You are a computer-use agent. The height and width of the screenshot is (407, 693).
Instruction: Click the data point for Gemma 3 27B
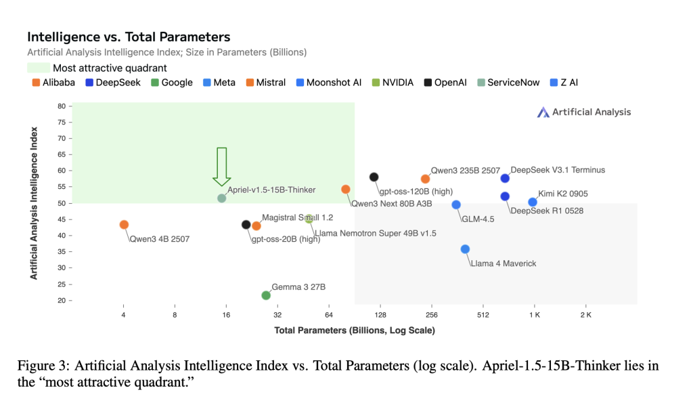click(x=266, y=295)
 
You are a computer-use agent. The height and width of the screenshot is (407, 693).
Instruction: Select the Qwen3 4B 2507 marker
click(x=124, y=225)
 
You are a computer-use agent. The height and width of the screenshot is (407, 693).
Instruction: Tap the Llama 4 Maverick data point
click(x=465, y=249)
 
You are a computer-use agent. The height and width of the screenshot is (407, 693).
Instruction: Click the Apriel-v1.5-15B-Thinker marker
click(x=221, y=198)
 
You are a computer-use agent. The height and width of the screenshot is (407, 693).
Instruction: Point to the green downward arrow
click(x=221, y=166)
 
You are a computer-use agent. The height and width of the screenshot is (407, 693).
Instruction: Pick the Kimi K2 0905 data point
click(x=533, y=202)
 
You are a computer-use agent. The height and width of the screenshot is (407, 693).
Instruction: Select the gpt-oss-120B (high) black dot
click(x=374, y=177)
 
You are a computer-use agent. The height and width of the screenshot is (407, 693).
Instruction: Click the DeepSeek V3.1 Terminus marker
click(x=505, y=178)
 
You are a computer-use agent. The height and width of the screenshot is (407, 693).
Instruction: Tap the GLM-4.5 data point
click(x=456, y=205)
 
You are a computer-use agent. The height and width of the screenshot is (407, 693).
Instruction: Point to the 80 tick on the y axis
click(x=61, y=106)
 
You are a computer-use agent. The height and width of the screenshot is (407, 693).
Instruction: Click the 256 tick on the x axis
click(x=432, y=315)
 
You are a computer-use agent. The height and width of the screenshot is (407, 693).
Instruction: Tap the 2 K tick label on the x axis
click(x=585, y=315)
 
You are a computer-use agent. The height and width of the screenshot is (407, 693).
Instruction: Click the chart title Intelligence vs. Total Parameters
click(x=129, y=37)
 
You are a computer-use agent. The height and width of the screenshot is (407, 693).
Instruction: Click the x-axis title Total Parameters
click(x=354, y=330)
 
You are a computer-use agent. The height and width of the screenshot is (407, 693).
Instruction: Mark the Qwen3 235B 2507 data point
click(x=425, y=179)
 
